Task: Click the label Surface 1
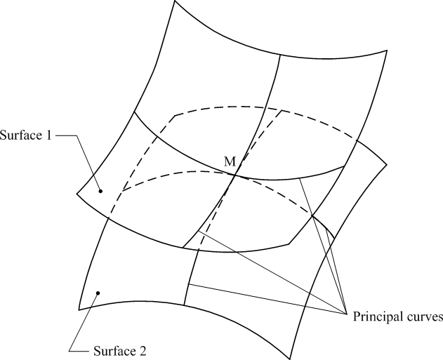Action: [27, 135]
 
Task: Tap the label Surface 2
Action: [118, 349]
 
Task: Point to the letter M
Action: [230, 162]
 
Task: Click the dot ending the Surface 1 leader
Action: [100, 190]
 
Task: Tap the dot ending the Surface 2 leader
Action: [98, 293]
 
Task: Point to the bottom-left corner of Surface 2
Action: [79, 309]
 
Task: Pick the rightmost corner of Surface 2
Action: [386, 166]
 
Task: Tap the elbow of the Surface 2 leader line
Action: [70, 349]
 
